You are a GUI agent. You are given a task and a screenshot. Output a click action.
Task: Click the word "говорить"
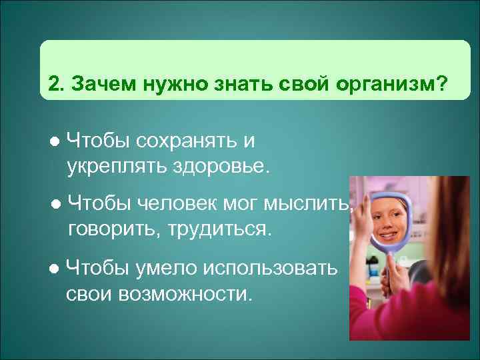[109, 230]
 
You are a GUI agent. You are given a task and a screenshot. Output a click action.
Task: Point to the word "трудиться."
[217, 230]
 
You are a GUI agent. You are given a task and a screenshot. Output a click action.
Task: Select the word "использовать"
[275, 268]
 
